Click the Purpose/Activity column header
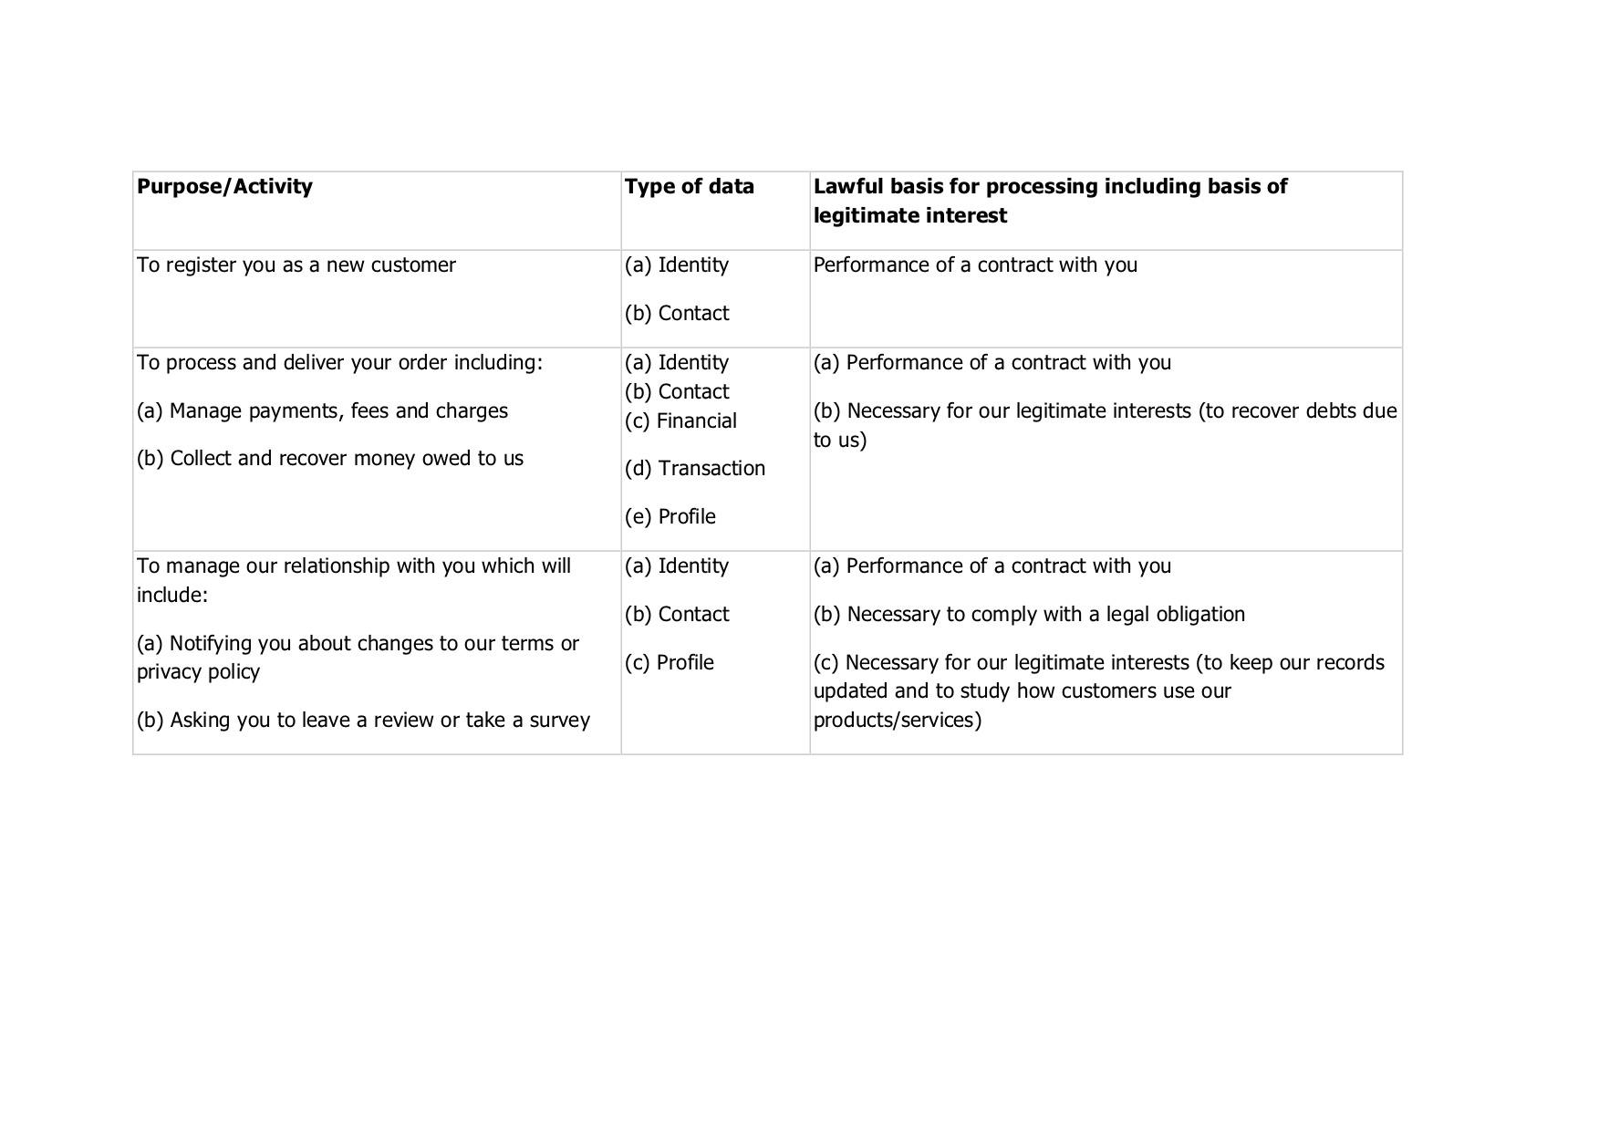tap(224, 187)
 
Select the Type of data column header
tap(689, 187)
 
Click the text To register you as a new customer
tap(296, 265)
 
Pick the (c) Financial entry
tap(680, 421)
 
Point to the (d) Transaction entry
tap(694, 469)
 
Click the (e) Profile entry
tap(670, 517)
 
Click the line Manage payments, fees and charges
tap(322, 411)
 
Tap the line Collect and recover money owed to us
tap(329, 459)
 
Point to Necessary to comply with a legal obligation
tap(1029, 615)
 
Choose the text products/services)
tap(897, 721)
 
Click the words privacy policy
tap(198, 672)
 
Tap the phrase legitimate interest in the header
tap(909, 216)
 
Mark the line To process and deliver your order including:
tap(339, 363)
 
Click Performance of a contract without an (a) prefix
tap(975, 265)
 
